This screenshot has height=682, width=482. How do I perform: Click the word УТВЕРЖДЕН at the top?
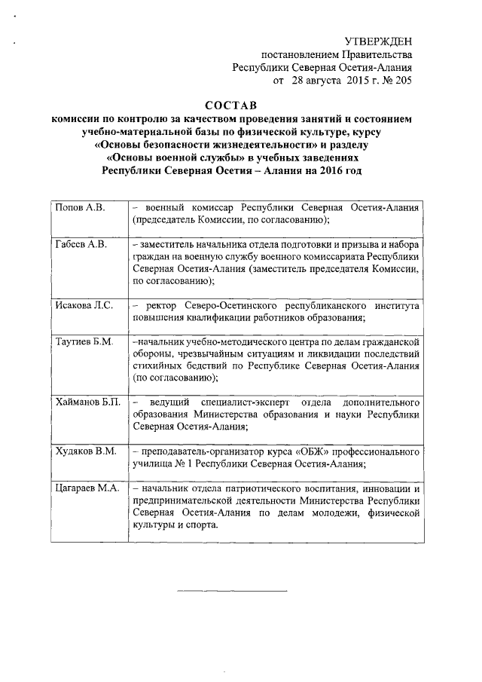pos(378,41)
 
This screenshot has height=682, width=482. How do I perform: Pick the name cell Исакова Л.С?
pos(84,305)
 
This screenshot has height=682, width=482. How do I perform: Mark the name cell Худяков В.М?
pos(85,451)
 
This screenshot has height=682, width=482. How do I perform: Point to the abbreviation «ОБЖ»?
pos(304,451)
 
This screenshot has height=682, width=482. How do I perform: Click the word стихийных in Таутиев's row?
pos(157,367)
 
